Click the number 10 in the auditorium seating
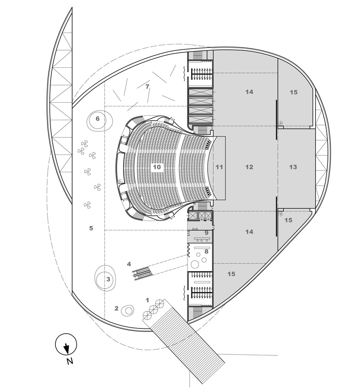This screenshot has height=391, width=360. (x=157, y=167)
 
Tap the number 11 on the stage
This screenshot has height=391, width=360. (x=219, y=167)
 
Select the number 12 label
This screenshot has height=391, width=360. (x=249, y=167)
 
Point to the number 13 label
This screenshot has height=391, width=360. (x=293, y=167)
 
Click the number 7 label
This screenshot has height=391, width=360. (x=147, y=87)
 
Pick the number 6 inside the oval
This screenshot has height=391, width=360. (x=98, y=118)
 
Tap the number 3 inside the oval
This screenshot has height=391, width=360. (x=107, y=279)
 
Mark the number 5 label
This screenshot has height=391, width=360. (x=91, y=228)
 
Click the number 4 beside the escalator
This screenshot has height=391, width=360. (x=129, y=264)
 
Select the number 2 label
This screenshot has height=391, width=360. (x=117, y=308)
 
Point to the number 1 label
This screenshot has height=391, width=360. (x=147, y=300)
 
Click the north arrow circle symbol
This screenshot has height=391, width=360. (x=66, y=344)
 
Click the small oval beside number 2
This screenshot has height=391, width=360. (x=128, y=310)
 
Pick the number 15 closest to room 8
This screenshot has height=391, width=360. (x=231, y=274)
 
